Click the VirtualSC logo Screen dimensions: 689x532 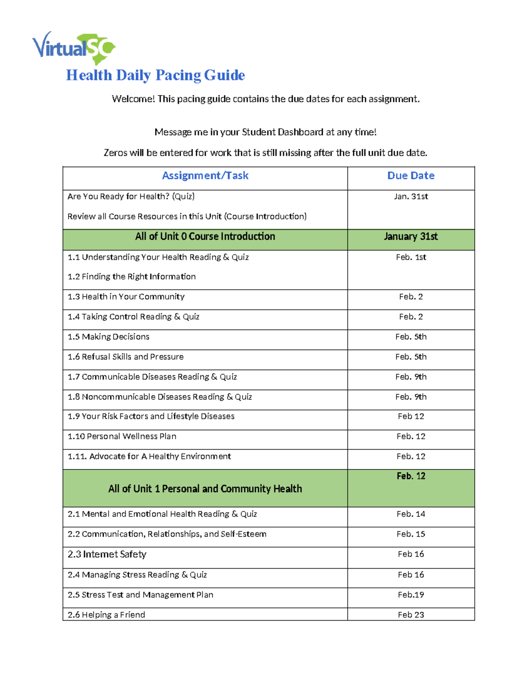74,47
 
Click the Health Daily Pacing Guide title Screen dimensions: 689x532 155,75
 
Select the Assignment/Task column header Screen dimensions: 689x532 205,176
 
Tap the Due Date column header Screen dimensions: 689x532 411,176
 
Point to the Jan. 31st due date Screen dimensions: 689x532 411,197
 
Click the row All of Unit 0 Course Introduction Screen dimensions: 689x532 205,236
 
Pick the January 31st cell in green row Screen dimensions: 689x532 411,236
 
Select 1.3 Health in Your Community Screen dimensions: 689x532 126,297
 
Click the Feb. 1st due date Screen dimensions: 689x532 411,257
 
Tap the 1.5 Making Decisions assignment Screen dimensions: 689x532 108,337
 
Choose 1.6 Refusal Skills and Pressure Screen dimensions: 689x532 125,357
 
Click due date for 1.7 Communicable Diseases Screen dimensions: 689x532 411,377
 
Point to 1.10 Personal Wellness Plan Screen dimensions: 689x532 122,437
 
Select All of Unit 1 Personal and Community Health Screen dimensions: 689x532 205,489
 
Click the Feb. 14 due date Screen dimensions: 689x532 411,514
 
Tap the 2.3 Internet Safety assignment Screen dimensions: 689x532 107,555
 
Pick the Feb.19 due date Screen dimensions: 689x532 411,595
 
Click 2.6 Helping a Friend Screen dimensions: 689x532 106,615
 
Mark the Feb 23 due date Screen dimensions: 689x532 411,615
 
